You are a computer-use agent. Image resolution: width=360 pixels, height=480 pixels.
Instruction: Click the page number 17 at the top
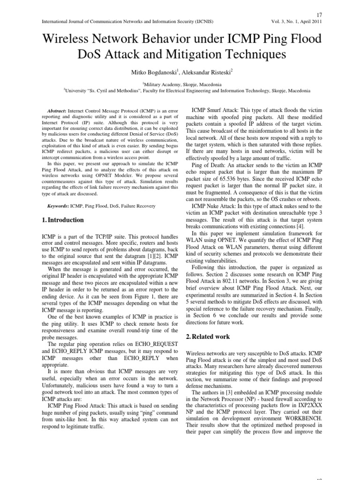point(319,14)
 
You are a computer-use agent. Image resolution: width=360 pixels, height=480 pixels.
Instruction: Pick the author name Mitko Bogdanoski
point(153,73)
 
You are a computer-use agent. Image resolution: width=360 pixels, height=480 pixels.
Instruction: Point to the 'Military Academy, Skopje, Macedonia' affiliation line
point(180,84)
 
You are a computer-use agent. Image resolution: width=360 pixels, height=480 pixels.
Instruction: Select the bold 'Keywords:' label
point(58,206)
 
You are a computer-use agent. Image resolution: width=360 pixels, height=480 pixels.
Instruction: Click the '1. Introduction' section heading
point(63,220)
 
